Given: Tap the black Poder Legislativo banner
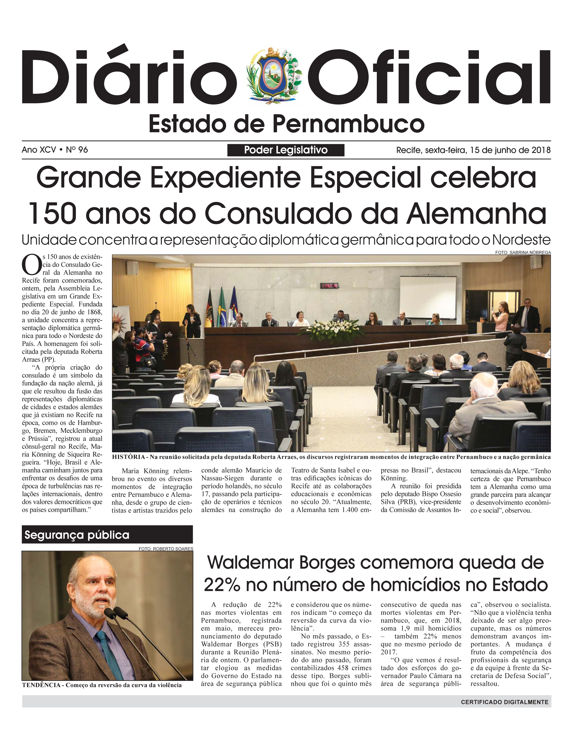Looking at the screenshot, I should [x=286, y=150].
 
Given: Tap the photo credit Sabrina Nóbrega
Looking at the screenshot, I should [x=523, y=252].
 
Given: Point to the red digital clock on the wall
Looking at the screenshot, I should [x=329, y=285].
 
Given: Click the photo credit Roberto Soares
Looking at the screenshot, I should [x=166, y=549].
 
